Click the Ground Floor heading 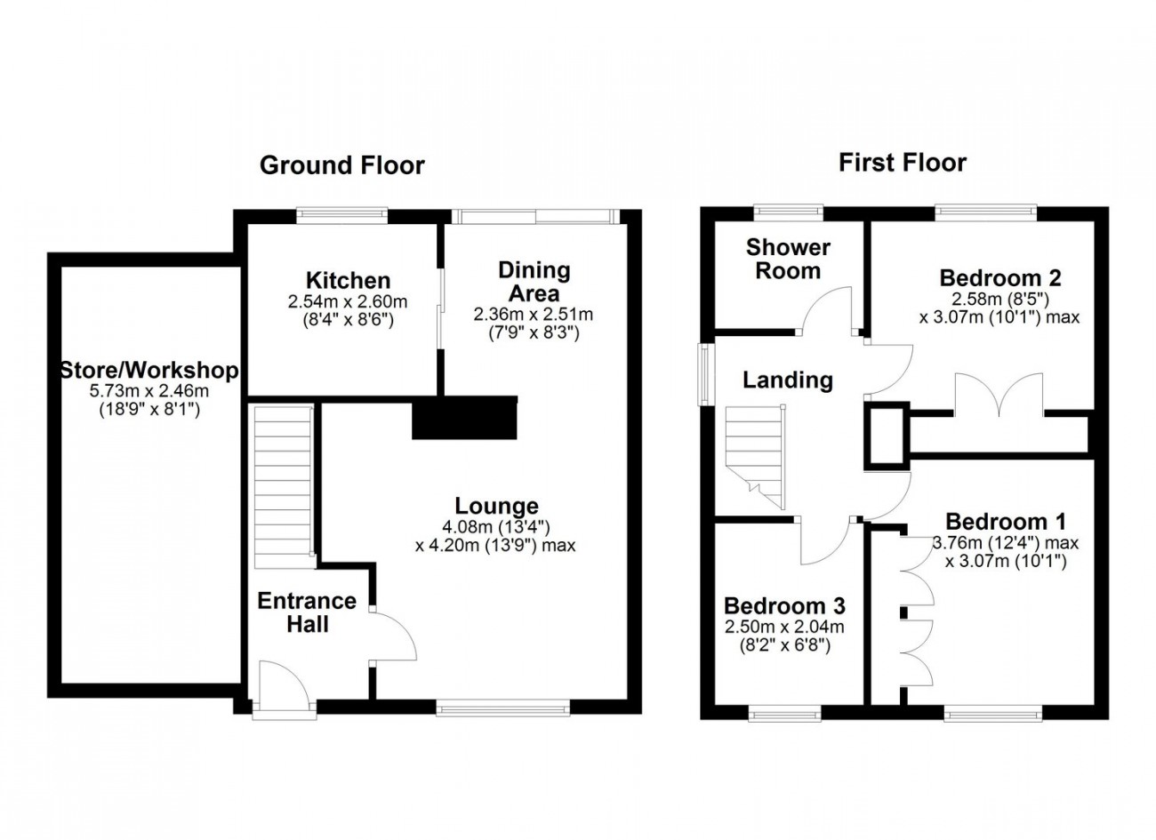tap(342, 165)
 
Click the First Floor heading tap(902, 163)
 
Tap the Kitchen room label tap(348, 281)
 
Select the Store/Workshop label tap(149, 371)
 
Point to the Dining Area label tap(534, 282)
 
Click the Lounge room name tap(496, 506)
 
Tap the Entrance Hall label tap(307, 612)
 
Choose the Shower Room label tap(788, 259)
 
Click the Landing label tap(788, 380)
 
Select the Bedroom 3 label tap(784, 605)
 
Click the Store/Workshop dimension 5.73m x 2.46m tap(149, 390)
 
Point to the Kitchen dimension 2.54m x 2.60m tap(348, 302)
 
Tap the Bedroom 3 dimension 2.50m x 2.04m tap(784, 627)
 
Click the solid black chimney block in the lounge tap(464, 418)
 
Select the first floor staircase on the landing tap(756, 457)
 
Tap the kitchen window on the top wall tap(342, 215)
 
